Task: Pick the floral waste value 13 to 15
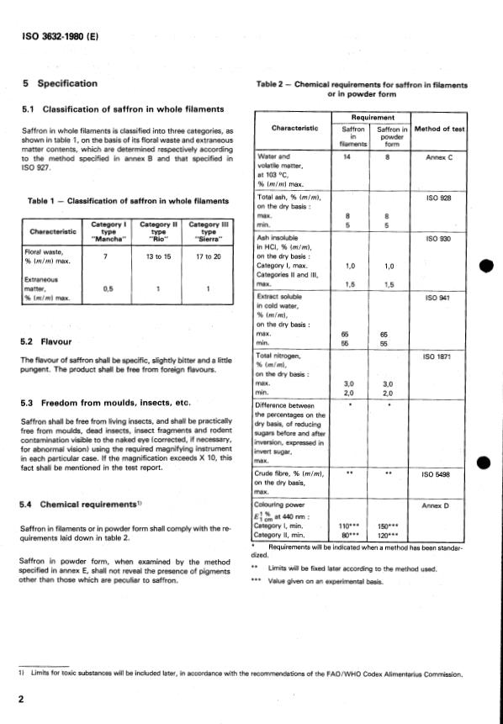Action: [x=154, y=256]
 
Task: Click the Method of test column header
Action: [x=439, y=128]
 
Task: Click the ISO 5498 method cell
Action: [x=439, y=474]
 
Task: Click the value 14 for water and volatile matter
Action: [x=346, y=157]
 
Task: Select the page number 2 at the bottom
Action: [x=20, y=700]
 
